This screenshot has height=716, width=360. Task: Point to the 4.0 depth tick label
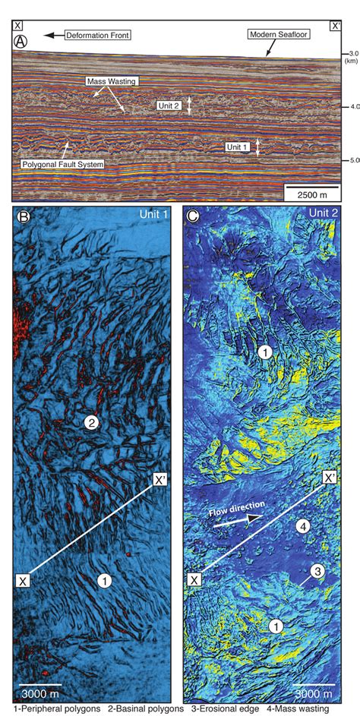click(350, 107)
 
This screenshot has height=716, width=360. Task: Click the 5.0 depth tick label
click(350, 160)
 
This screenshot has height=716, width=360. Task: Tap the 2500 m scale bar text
click(308, 194)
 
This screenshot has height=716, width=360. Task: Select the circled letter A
click(22, 42)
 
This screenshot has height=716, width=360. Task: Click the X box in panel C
click(194, 581)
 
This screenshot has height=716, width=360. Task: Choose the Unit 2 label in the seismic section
click(169, 106)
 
